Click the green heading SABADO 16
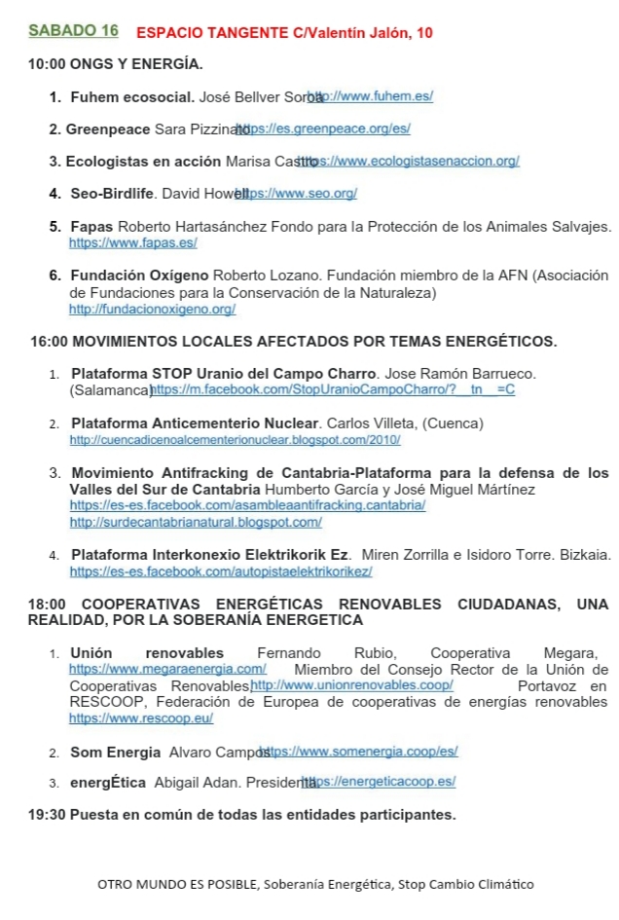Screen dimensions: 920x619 click(73, 31)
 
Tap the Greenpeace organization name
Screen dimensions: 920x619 click(108, 129)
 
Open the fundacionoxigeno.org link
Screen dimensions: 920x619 click(152, 310)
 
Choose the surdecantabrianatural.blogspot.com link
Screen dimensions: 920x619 click(196, 522)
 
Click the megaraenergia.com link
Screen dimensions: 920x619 click(167, 669)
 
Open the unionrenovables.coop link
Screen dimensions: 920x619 click(352, 685)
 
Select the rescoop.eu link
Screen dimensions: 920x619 click(140, 718)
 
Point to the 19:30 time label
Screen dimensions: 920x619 click(46, 814)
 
